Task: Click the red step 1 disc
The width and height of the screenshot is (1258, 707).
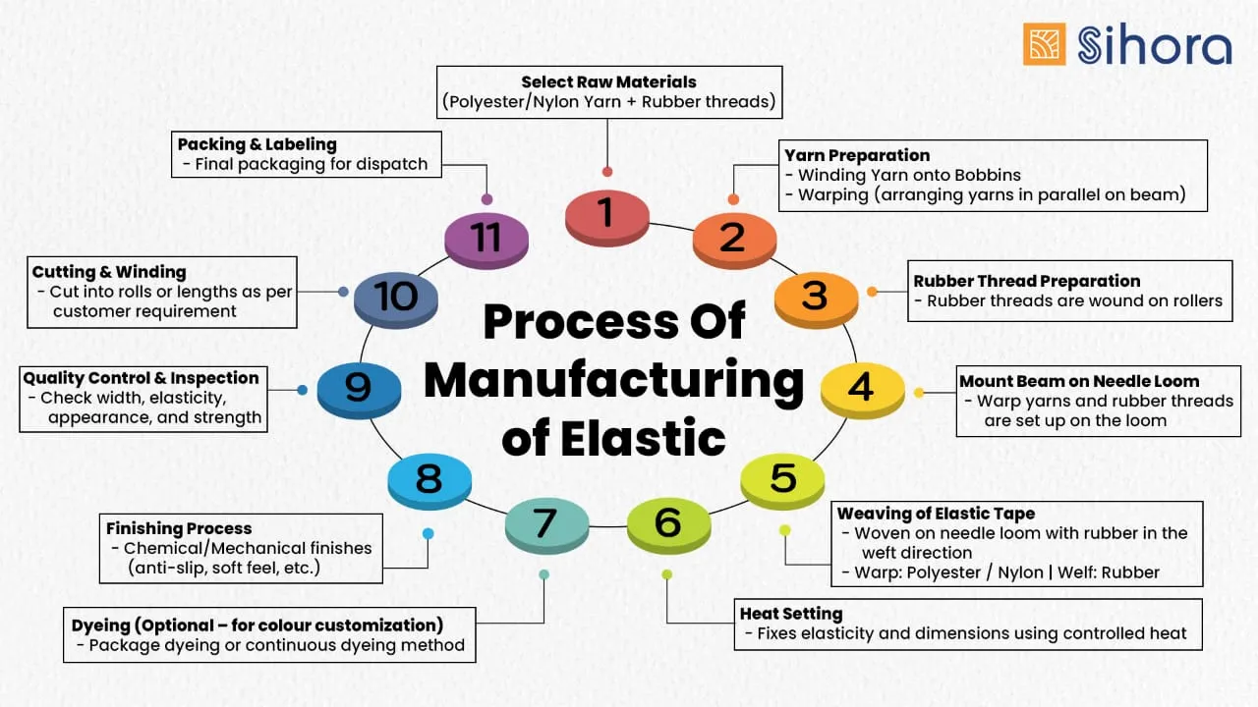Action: point(606,214)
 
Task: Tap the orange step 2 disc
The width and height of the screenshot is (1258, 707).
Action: point(734,239)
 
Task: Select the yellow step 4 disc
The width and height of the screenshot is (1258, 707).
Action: point(861,387)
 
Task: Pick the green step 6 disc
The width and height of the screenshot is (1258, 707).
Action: point(667,523)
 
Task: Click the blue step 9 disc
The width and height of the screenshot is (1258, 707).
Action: point(359,387)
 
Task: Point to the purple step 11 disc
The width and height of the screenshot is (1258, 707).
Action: point(486,239)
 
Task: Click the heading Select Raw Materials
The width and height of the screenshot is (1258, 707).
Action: point(608,82)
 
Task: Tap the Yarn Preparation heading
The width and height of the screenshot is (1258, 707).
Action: point(857,155)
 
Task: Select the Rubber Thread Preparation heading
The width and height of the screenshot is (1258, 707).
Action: point(1027,281)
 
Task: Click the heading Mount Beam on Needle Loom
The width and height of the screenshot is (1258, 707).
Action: point(1079,381)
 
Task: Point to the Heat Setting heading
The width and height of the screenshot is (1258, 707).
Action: point(791,614)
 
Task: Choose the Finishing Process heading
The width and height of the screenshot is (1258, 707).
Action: point(179,528)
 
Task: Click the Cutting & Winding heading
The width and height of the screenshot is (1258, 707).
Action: point(109,272)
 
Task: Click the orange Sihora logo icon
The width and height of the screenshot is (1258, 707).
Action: point(1044,44)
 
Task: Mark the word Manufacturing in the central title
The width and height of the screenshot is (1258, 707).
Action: point(614,380)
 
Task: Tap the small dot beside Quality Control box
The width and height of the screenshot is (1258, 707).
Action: point(302,390)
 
